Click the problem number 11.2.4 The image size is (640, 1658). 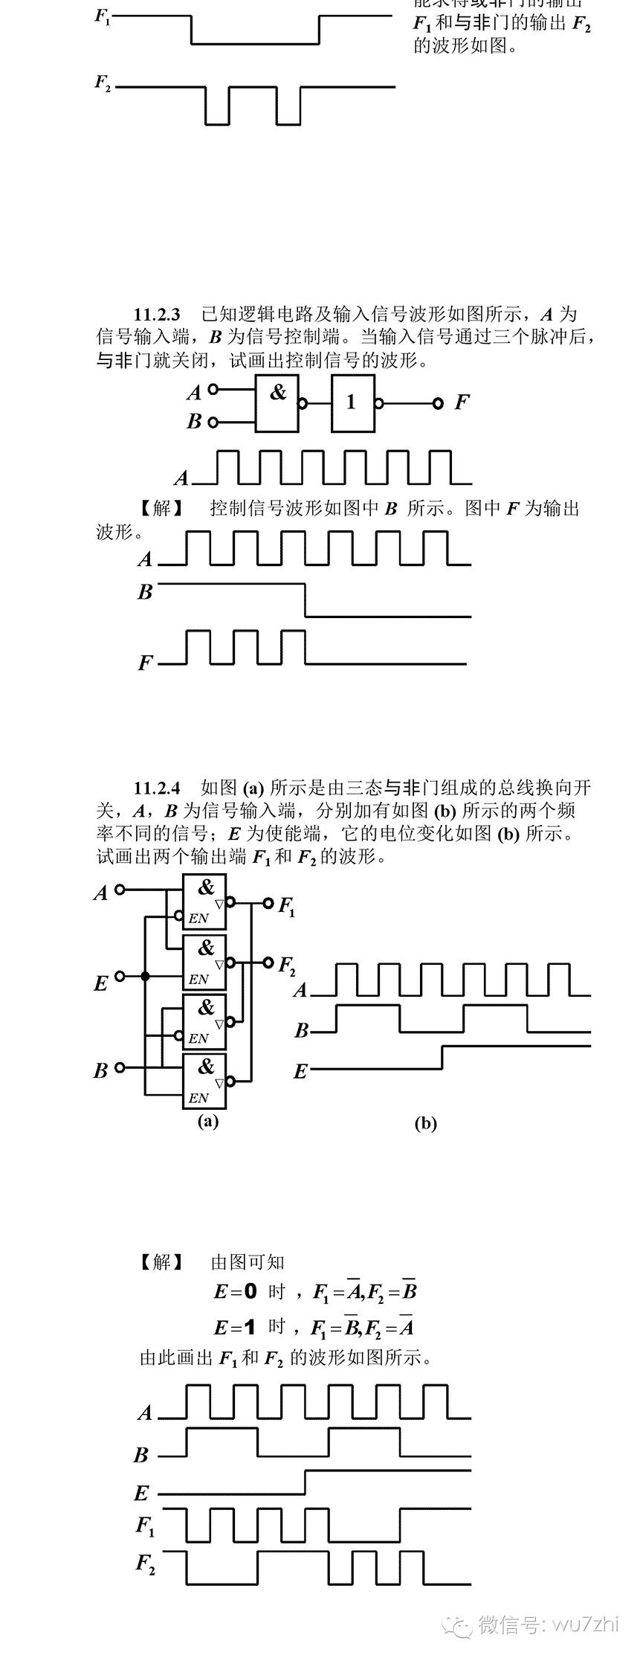tap(157, 788)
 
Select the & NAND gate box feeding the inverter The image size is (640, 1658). tap(277, 403)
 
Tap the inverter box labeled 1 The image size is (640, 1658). tap(353, 403)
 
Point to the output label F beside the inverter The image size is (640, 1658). tap(461, 403)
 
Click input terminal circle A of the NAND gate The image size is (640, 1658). tap(213, 389)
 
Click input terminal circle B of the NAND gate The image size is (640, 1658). tap(213, 422)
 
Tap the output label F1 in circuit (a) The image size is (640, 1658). tap(287, 907)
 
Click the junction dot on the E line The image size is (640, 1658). tap(145, 976)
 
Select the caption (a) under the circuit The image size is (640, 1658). tap(207, 1121)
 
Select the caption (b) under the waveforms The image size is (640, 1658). tap(425, 1123)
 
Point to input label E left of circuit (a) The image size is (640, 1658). tap(101, 983)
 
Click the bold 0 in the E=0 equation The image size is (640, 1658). tap(250, 1291)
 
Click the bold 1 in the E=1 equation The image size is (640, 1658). tap(250, 1327)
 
